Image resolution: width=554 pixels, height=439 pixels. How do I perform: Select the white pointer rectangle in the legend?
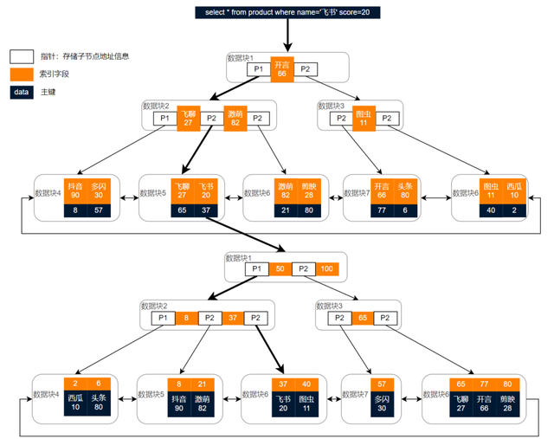click(22, 56)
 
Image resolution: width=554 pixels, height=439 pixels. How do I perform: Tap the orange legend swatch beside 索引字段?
click(22, 74)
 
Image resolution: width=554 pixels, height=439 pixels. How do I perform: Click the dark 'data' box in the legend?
click(22, 92)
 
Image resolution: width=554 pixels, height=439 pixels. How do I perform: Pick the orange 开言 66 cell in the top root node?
click(281, 69)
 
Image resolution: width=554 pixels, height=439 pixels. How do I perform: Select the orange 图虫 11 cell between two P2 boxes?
click(364, 119)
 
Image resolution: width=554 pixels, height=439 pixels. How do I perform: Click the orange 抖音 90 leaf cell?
click(75, 190)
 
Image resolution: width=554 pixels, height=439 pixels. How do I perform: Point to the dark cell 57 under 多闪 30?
click(99, 210)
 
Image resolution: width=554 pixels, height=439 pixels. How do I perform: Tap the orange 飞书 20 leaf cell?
click(205, 190)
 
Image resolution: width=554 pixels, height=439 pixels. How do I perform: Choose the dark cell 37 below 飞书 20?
click(205, 210)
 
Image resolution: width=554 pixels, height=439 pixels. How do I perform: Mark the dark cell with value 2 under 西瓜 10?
click(514, 210)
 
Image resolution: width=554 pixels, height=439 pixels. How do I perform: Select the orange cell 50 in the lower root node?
click(280, 269)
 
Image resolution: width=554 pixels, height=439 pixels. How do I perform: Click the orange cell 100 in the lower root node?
click(325, 269)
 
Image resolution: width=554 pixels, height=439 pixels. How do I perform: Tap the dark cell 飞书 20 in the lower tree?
click(283, 403)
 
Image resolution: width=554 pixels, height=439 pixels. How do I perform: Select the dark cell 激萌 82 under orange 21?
click(202, 403)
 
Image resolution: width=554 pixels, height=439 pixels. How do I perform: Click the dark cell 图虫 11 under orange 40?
click(306, 403)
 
